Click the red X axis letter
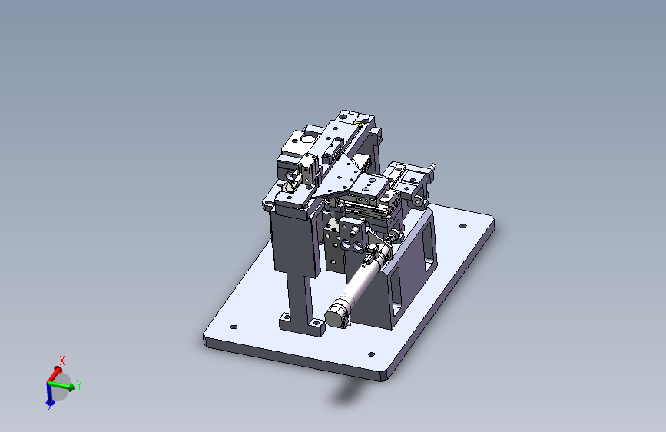coord(62,361)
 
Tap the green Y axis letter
coord(78,385)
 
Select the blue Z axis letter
coord(50,407)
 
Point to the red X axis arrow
coord(54,374)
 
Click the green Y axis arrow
coord(61,385)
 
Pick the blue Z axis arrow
coord(50,394)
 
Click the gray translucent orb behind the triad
coord(61,387)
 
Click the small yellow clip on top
coord(359,124)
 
